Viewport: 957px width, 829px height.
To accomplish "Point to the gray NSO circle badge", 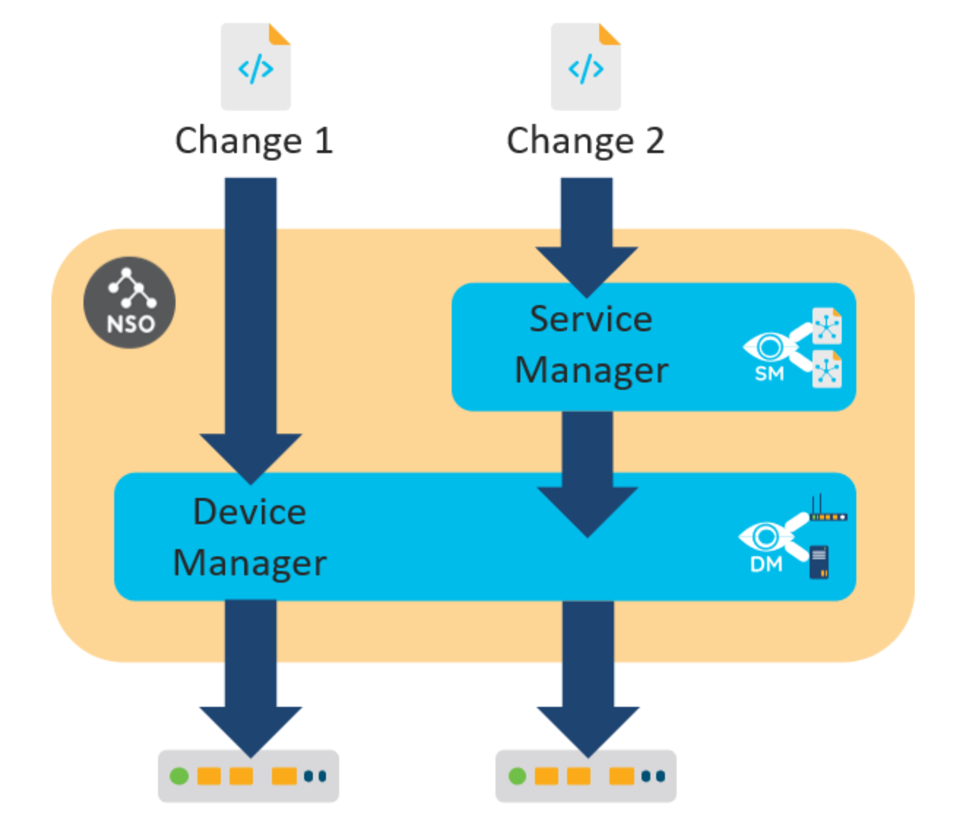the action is click(130, 303).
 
